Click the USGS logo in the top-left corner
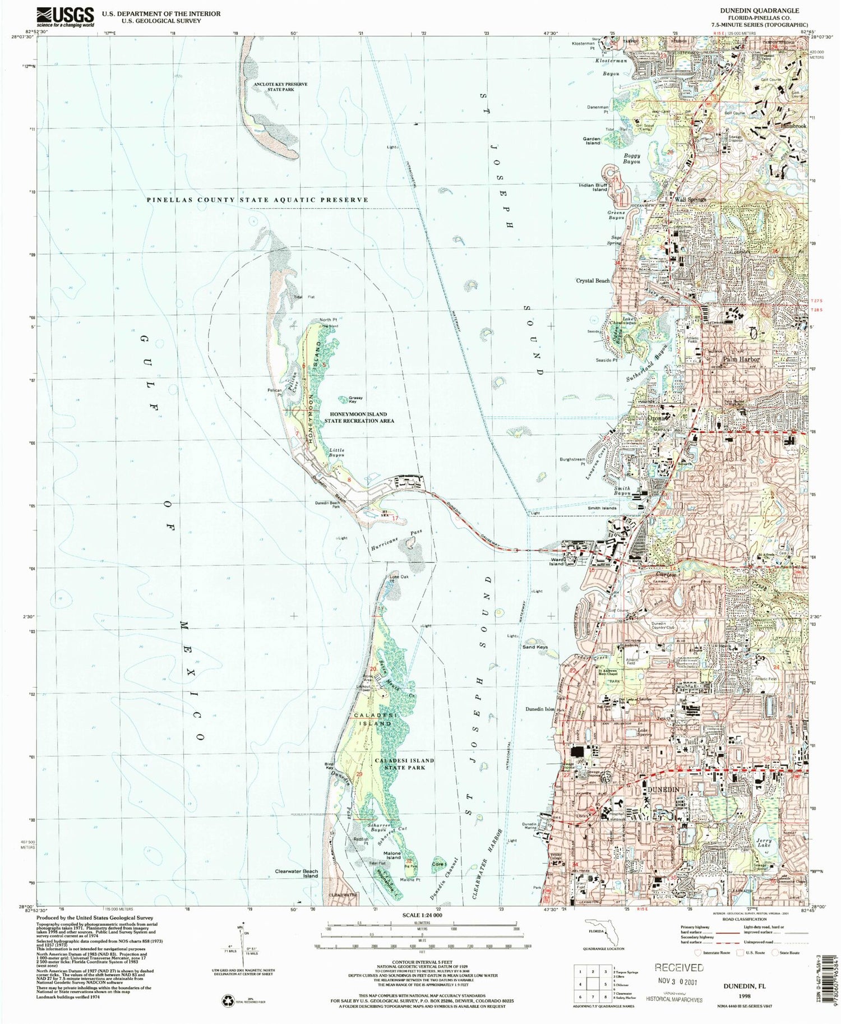(57, 17)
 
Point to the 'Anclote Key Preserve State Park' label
(280, 86)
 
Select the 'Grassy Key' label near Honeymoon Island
(352, 399)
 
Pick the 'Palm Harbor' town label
(741, 359)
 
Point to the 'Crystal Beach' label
(593, 280)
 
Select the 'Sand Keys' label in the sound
(534, 647)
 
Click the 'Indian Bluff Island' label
(593, 187)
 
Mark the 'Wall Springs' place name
(690, 199)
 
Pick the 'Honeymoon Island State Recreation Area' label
(359, 417)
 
